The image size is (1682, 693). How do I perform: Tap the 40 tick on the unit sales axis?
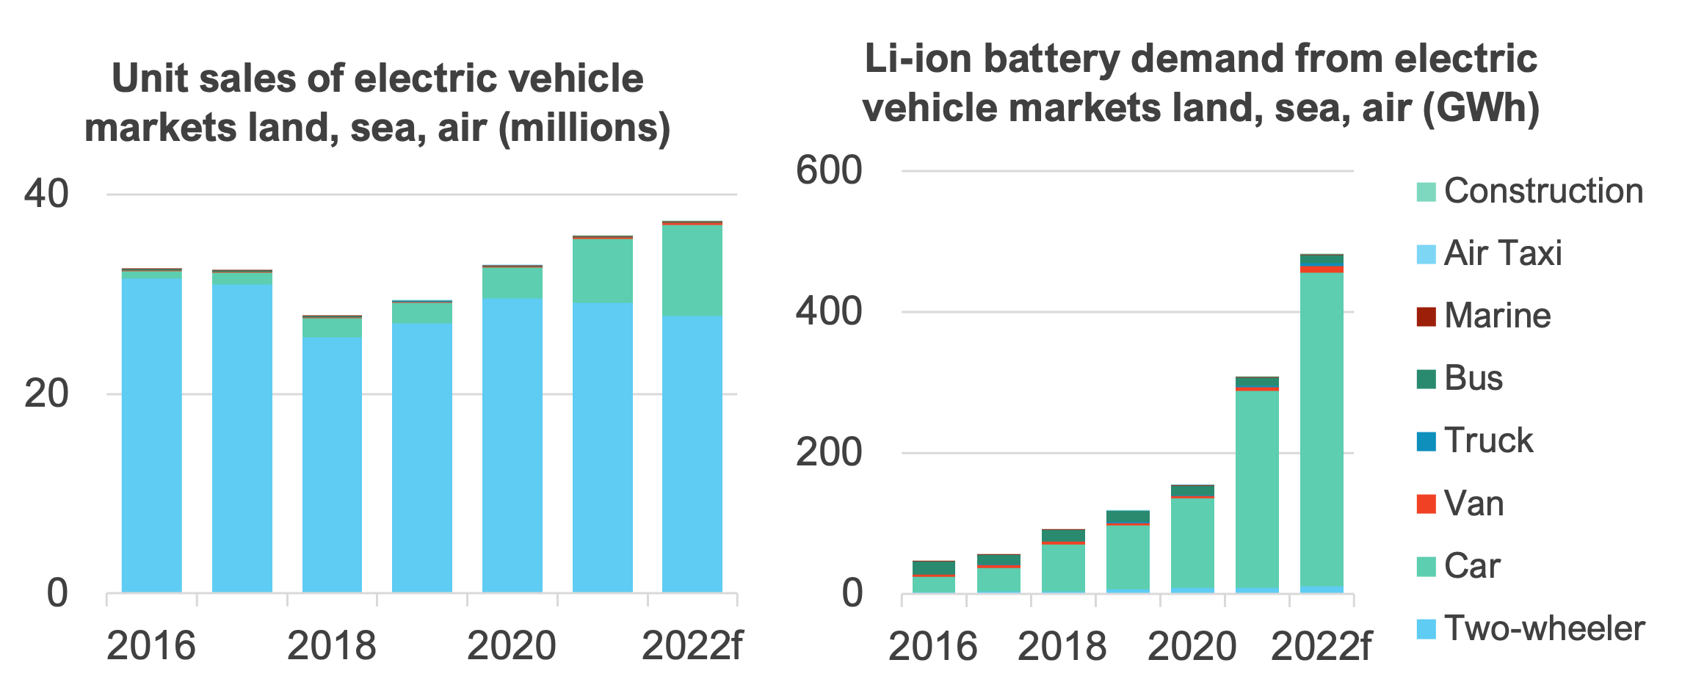click(x=46, y=194)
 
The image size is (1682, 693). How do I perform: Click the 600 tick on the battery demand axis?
click(x=828, y=171)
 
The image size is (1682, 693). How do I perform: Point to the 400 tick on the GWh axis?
click(x=828, y=312)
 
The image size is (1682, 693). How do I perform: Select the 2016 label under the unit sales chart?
click(x=151, y=646)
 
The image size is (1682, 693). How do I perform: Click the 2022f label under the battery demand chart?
click(x=1320, y=647)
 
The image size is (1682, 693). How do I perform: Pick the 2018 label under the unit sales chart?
click(x=331, y=646)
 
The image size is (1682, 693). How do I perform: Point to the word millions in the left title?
click(x=584, y=128)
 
